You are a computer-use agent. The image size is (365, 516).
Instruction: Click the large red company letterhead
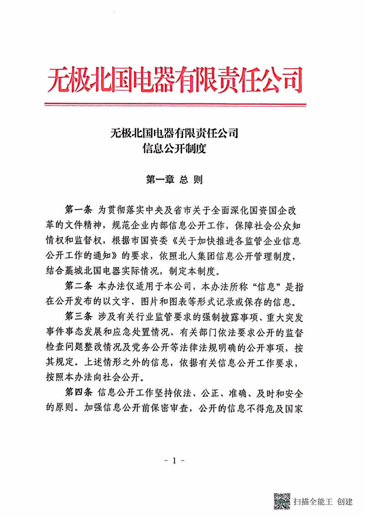tap(175, 80)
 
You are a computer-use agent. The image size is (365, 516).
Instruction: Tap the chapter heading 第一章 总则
tap(174, 179)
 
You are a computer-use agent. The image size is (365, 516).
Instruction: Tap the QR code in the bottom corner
tap(282, 501)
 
